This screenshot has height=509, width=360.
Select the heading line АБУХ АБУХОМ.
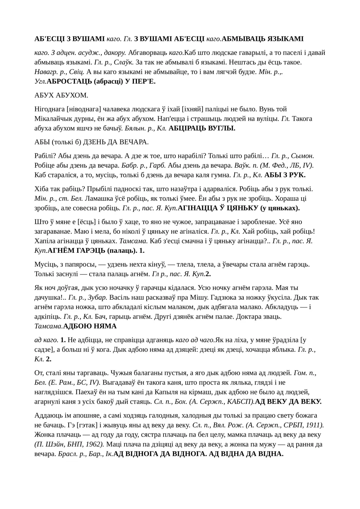(61, 95)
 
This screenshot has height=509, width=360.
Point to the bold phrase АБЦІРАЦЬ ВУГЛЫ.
(202, 128)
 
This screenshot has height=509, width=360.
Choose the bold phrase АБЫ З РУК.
(285, 175)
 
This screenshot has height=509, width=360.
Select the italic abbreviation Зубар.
(97, 298)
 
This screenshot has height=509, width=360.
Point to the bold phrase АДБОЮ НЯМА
(90, 326)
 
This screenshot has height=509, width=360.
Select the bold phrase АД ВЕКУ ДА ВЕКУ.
(288, 402)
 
